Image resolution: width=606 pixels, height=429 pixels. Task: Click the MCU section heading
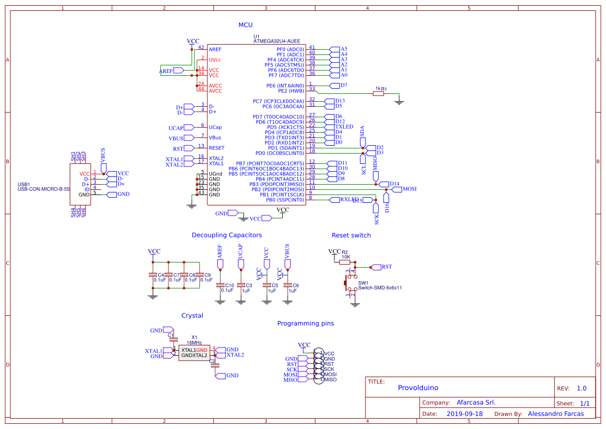(x=245, y=25)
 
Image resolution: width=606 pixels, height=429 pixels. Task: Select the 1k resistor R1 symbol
(x=378, y=94)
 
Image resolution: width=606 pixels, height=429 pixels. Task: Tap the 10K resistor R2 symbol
(x=345, y=262)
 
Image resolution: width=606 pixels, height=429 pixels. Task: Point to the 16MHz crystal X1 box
(x=194, y=353)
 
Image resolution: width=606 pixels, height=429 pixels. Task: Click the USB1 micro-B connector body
(x=80, y=185)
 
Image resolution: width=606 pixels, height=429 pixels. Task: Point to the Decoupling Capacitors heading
(x=227, y=235)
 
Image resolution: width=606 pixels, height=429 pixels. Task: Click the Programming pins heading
(x=305, y=323)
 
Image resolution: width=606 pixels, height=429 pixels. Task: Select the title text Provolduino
(x=418, y=388)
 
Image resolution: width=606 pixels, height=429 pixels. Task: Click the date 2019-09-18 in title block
(x=464, y=414)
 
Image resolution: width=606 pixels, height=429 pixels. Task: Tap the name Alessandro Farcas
(x=555, y=414)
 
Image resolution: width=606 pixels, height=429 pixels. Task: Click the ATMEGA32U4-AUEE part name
(x=276, y=41)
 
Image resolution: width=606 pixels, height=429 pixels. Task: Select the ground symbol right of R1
(x=399, y=102)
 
